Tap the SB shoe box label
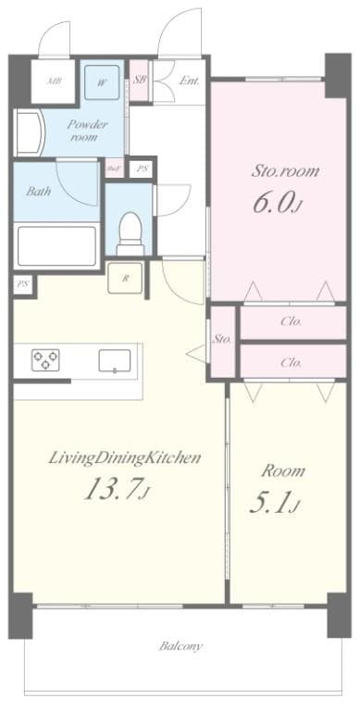click(141, 80)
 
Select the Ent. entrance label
click(190, 81)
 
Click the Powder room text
click(87, 131)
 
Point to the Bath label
click(38, 193)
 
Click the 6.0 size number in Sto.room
click(275, 202)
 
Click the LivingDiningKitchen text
click(112, 457)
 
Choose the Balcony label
click(180, 645)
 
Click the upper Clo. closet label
click(292, 322)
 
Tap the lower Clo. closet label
click(292, 362)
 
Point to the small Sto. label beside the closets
click(222, 340)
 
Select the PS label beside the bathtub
click(22, 285)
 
